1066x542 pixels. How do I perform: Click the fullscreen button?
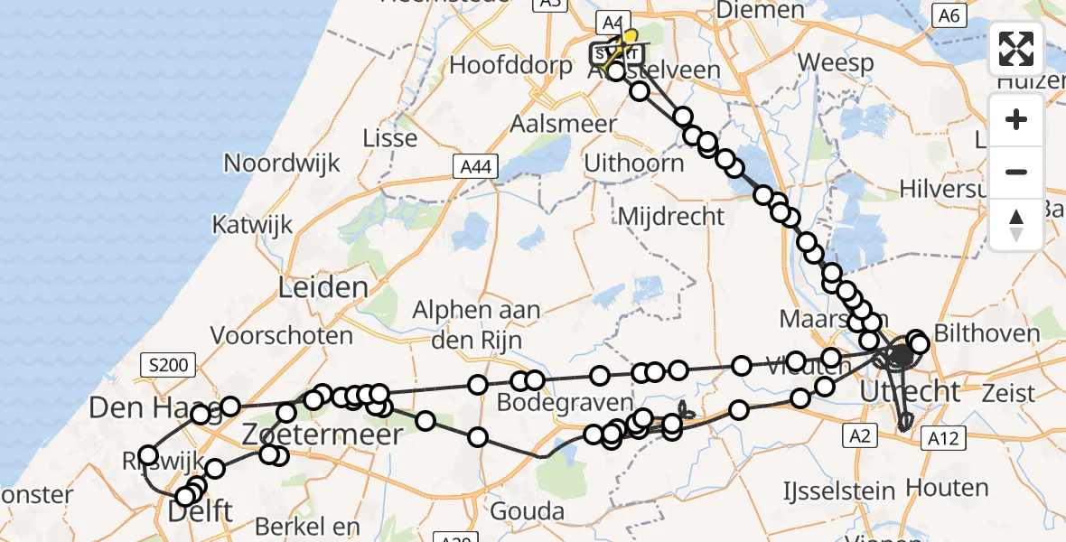[x=1016, y=50]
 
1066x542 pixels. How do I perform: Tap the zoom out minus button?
[x=1016, y=172]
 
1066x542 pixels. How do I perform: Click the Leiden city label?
[x=323, y=289]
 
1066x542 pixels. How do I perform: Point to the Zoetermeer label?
[x=321, y=435]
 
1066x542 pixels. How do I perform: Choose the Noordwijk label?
[x=282, y=164]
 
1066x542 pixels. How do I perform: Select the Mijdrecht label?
[x=670, y=216]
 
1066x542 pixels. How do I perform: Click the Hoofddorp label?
[x=510, y=66]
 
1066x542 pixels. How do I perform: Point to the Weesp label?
[x=837, y=63]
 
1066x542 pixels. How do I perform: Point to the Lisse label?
[x=389, y=138]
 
